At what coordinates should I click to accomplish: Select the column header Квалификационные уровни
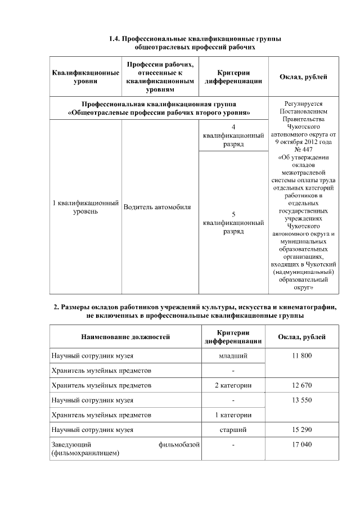pos(85,77)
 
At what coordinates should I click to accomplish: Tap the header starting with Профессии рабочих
pos(160,77)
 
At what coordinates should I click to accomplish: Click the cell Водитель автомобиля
pos(157,207)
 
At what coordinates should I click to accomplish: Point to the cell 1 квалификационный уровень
pos(85,207)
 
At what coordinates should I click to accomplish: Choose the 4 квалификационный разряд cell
pos(233,136)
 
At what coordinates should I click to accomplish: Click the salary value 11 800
pos(303,356)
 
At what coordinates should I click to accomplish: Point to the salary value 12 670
pos(303,385)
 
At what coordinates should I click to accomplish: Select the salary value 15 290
pos(303,430)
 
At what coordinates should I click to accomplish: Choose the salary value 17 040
pos(303,444)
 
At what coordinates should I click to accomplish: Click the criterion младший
pos(233,356)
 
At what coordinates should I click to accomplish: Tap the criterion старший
pos(233,430)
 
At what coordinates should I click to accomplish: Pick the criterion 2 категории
pos(233,385)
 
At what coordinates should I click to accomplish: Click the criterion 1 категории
pos(233,415)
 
